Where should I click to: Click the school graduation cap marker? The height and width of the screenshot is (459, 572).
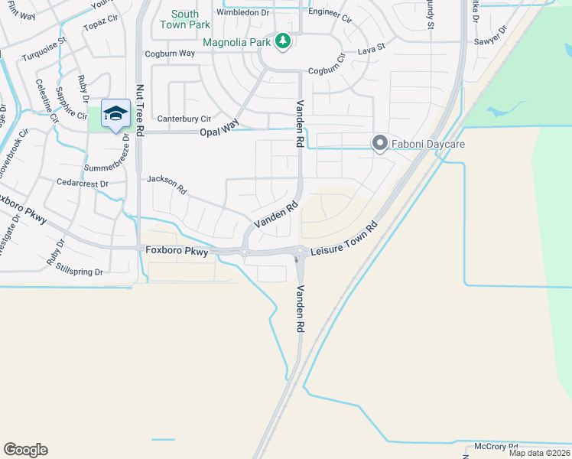(x=115, y=113)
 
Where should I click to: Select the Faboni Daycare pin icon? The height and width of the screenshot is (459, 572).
(x=379, y=143)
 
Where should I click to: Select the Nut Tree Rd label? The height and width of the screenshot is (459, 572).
(x=140, y=110)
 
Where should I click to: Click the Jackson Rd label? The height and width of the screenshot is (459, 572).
(x=167, y=183)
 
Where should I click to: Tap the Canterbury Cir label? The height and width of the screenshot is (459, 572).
(x=184, y=119)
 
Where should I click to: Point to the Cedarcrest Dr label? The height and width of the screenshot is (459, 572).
(x=83, y=184)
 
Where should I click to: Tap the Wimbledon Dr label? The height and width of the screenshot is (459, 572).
(x=243, y=12)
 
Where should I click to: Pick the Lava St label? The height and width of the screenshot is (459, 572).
(x=371, y=52)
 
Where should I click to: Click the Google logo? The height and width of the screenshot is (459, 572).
(x=25, y=450)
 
